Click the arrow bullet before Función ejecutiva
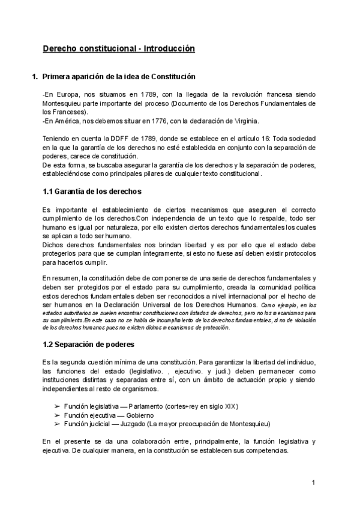(x=58, y=415)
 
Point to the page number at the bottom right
(x=313, y=483)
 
